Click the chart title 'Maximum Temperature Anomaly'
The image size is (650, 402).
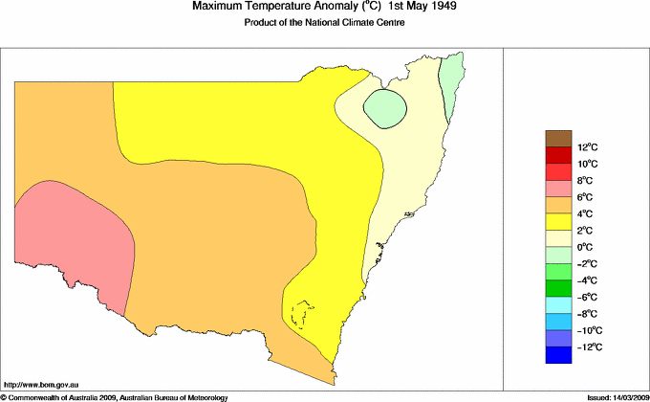point(274,7)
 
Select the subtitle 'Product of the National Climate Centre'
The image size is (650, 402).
point(325,23)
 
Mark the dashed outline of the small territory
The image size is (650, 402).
point(303,314)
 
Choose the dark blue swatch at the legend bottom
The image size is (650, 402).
point(558,354)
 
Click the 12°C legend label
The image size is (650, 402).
point(588,147)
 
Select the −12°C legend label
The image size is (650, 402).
point(588,346)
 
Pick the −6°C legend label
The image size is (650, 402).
point(588,297)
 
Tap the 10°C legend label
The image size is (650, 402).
point(588,164)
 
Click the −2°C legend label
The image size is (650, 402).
point(588,263)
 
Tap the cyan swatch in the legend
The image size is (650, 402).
point(558,304)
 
